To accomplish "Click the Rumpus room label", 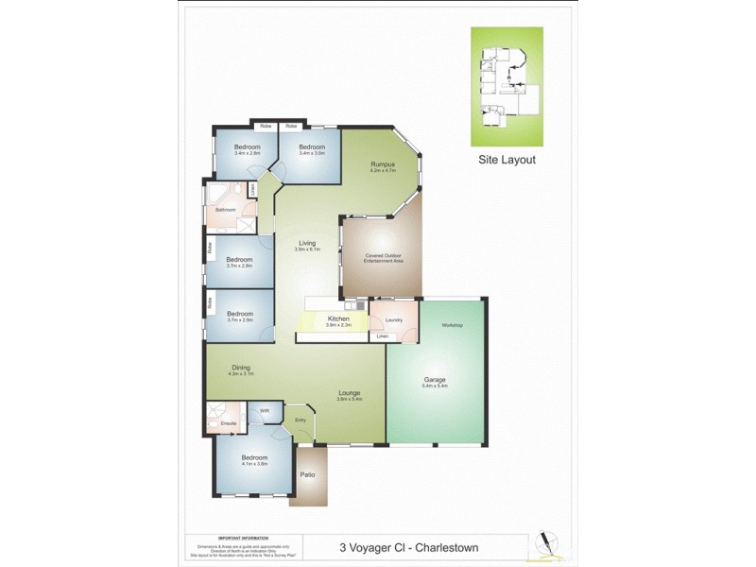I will [x=382, y=164].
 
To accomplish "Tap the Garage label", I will [x=435, y=380].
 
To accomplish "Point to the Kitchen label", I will [x=338, y=318].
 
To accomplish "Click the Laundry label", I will [x=394, y=319].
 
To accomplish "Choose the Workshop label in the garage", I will [x=452, y=325].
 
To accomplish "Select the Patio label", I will [x=307, y=474].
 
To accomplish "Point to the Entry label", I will [x=301, y=420].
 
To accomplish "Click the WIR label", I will [x=265, y=411].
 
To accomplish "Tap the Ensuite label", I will [x=228, y=423].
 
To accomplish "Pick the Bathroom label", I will [x=225, y=209].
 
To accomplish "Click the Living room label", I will [x=308, y=243].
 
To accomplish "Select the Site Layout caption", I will [x=507, y=160].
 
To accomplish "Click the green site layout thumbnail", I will [x=507, y=86].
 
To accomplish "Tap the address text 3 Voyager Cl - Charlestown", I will [x=406, y=546].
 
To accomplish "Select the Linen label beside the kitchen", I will [x=382, y=336].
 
